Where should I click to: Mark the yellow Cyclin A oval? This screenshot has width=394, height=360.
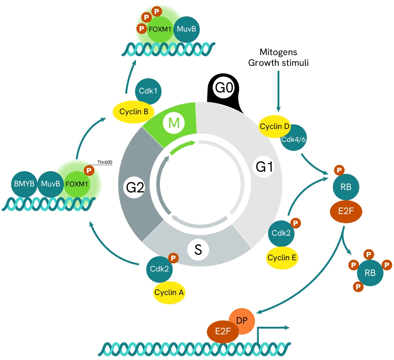coord(169,292)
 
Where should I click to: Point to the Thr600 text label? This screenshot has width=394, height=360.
coord(104,163)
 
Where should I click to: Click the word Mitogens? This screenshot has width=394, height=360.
coord(278,51)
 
